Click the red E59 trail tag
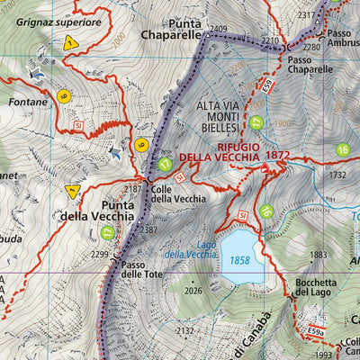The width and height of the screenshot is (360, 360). (x=268, y=86)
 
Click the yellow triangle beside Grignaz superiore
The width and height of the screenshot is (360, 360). (x=70, y=42)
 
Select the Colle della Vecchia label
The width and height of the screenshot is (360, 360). (x=178, y=193)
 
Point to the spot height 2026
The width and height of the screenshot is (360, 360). (x=193, y=290)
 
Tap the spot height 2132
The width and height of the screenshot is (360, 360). (x=184, y=331)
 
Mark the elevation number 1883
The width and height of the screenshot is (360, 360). (x=319, y=255)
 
